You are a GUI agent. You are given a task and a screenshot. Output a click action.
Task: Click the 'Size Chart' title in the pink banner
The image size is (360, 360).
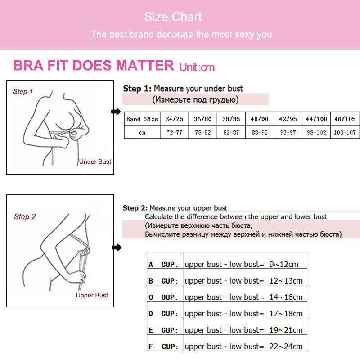[x=173, y=17]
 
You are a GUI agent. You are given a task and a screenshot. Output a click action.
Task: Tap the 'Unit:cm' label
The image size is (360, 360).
[x=197, y=67]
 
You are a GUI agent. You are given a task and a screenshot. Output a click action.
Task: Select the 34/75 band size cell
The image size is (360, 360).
[x=174, y=119]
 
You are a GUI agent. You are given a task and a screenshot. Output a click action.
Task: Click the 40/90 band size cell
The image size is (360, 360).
[x=259, y=119]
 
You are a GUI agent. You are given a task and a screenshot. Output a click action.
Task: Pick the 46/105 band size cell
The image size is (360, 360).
[x=345, y=119]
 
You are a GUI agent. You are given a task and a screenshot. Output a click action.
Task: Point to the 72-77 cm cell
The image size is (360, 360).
[x=174, y=132]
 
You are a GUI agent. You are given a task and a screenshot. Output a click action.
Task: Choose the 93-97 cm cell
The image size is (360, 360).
[x=288, y=132]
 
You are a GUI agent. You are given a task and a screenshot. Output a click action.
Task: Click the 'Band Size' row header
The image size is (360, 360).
[x=142, y=119]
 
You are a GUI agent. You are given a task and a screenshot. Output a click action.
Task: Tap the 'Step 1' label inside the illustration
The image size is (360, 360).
[x=23, y=91]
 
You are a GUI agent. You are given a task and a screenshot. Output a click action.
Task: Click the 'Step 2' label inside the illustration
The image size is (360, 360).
[x=25, y=216]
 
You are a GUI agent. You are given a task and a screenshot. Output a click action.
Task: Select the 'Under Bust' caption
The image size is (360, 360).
[x=95, y=162]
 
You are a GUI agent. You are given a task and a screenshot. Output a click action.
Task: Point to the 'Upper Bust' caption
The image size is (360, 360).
[x=92, y=295]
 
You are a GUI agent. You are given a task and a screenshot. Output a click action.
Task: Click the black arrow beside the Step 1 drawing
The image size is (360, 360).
[x=116, y=112]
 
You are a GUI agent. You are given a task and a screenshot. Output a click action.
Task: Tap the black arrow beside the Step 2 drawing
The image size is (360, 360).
[x=116, y=247]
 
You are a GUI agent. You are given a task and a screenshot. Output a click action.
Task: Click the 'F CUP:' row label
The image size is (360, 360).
[x=163, y=346]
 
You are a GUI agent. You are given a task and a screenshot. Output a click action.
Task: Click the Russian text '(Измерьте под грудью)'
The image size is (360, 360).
[x=195, y=99]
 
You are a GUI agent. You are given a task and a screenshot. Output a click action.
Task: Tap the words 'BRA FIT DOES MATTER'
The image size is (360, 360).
[x=94, y=66]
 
